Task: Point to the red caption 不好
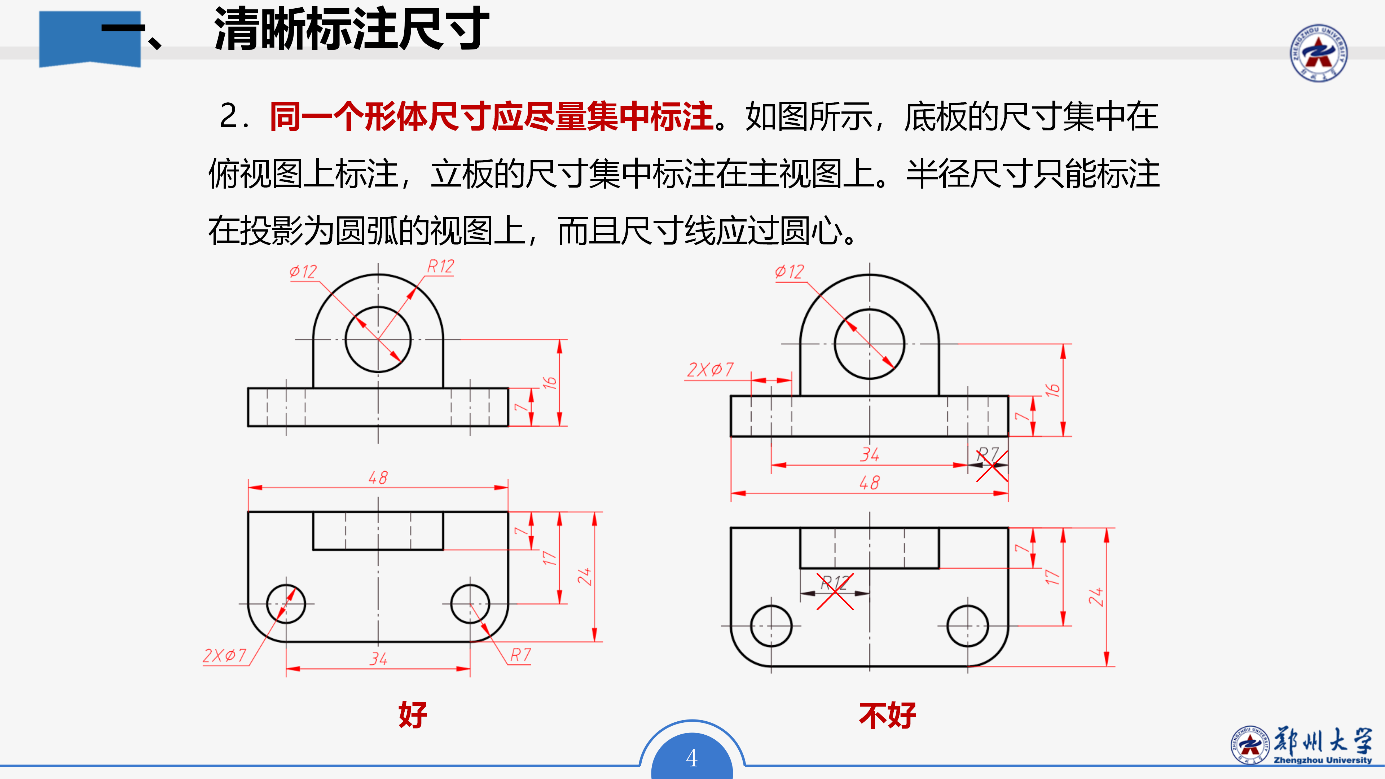click(887, 716)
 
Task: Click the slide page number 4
click(692, 758)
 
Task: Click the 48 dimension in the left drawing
click(378, 477)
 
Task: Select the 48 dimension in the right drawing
click(869, 483)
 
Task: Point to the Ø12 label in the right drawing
click(789, 272)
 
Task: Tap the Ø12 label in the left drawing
click(303, 272)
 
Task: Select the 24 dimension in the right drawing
click(1096, 597)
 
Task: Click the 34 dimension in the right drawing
click(869, 455)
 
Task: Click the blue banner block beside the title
click(90, 39)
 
